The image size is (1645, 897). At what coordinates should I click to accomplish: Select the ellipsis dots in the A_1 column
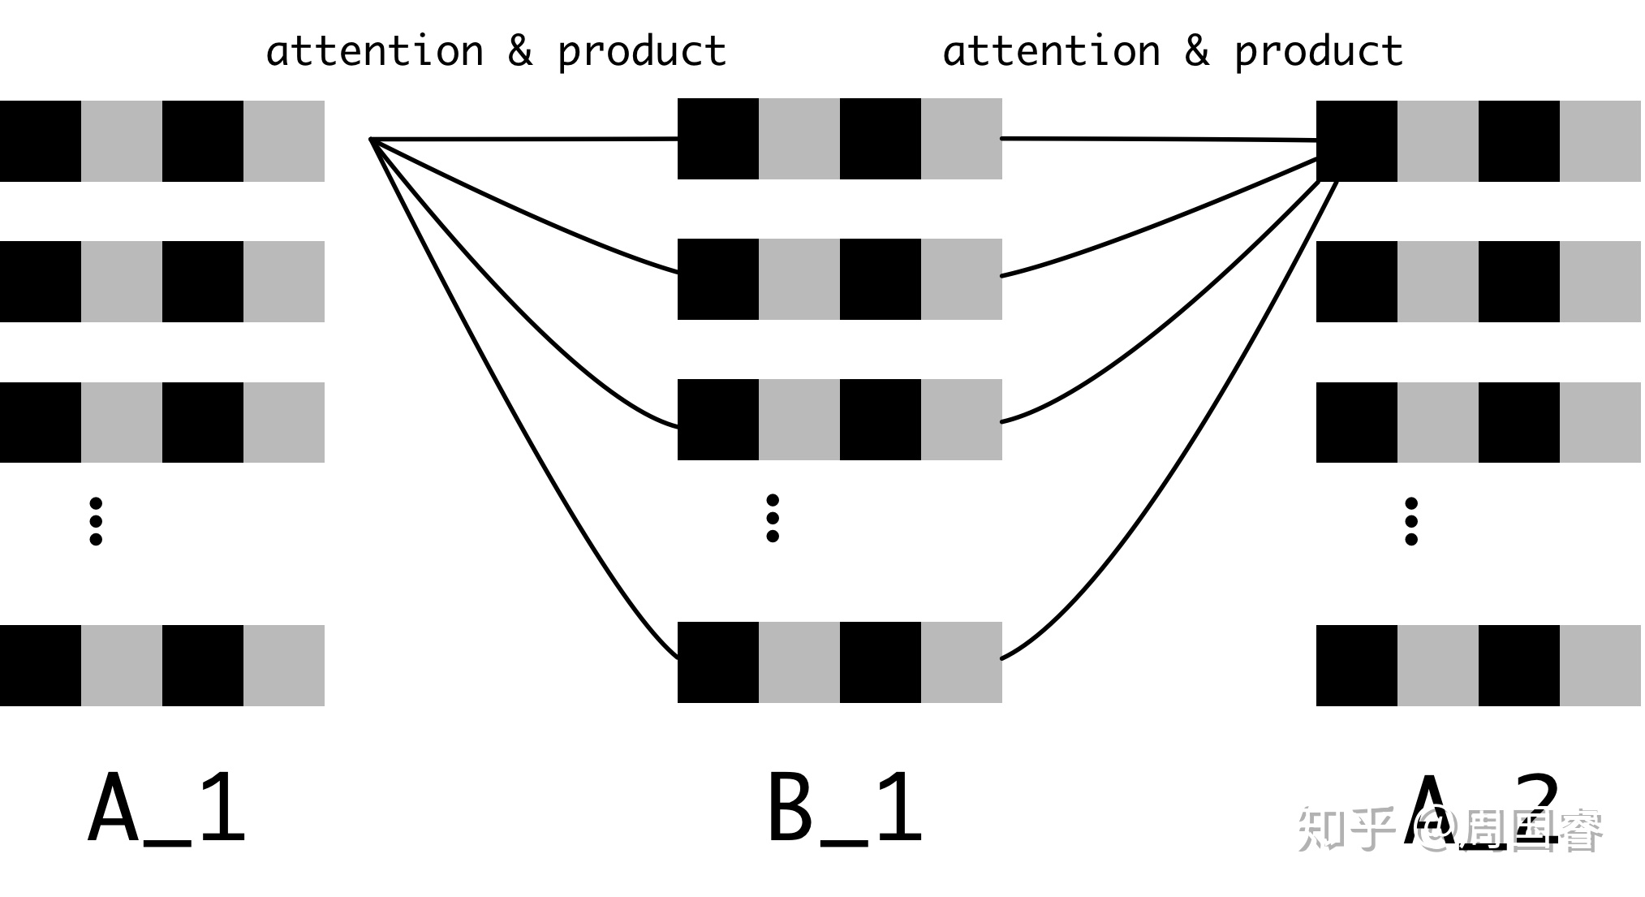click(96, 521)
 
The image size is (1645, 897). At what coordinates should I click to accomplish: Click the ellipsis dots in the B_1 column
click(773, 518)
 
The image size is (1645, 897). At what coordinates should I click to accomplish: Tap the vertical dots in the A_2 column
click(1411, 521)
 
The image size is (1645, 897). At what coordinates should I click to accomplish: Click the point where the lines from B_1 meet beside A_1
click(372, 140)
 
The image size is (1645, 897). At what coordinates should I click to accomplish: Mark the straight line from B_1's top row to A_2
click(1161, 140)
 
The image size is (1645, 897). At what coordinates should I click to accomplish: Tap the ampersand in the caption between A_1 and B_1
click(520, 50)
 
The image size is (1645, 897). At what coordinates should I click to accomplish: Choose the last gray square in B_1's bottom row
click(962, 662)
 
